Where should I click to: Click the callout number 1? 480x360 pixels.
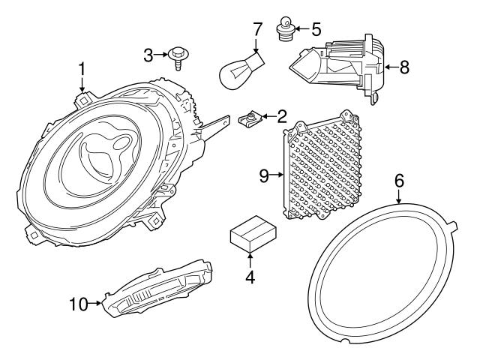coord(82,72)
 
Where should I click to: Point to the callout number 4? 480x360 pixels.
coord(250,277)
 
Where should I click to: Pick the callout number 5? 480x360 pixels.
coord(316,30)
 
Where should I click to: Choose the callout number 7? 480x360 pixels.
coord(257,30)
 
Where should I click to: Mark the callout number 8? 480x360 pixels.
coord(404,67)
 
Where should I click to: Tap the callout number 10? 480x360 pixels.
coord(79,304)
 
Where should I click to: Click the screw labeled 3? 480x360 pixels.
coord(178,55)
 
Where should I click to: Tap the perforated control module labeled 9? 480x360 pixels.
coord(328,169)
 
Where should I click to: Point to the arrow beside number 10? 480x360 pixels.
coord(97,304)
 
